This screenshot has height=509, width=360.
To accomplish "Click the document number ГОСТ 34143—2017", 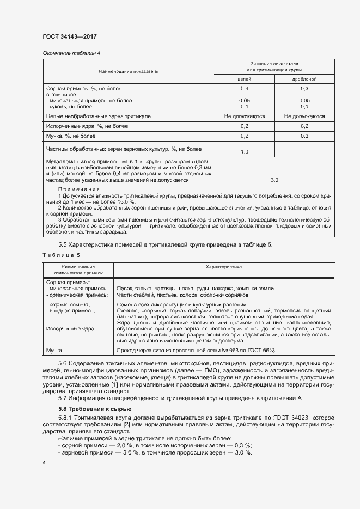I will coord(66,36).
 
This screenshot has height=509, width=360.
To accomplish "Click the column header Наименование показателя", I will coord(129,71).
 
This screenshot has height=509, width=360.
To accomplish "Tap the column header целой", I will coord(245,79).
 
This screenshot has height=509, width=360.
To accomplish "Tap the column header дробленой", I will coord(304,79).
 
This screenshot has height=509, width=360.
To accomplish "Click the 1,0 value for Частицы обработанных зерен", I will coord(245,151).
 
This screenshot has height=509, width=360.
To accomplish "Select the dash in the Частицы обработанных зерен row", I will coord(304,151).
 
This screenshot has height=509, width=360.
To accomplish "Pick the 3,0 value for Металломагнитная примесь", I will coord(274,180).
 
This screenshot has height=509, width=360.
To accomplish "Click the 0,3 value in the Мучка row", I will coord(304,136).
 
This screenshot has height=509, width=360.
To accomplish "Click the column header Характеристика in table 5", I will coord(224,267).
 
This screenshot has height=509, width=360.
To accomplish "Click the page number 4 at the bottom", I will coord(44,462).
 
